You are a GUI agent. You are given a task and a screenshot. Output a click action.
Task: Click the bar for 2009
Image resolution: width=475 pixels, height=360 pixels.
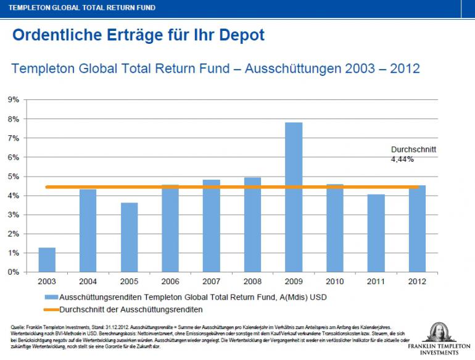pyautogui.click(x=294, y=198)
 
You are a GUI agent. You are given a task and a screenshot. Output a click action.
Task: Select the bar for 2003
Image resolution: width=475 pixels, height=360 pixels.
pyautogui.click(x=47, y=260)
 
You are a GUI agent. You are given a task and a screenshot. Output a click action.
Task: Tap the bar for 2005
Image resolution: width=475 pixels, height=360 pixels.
pyautogui.click(x=129, y=237)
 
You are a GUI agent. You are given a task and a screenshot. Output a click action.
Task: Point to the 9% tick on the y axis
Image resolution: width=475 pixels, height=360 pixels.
pyautogui.click(x=14, y=99)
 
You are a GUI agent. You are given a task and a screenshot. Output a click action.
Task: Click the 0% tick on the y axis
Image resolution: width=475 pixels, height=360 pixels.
pyautogui.click(x=14, y=272)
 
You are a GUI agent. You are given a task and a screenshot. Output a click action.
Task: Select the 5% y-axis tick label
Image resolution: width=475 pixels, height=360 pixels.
pyautogui.click(x=14, y=177)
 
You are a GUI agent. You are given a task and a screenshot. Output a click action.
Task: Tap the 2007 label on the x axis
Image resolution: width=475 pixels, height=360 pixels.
pyautogui.click(x=211, y=282)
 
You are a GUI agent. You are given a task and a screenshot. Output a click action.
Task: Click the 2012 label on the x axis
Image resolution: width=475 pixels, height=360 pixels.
pyautogui.click(x=416, y=282)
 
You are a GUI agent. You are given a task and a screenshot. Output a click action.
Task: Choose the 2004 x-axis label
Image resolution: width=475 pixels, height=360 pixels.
pyautogui.click(x=88, y=282)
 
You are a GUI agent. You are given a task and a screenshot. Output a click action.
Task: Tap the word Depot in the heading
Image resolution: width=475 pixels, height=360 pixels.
pyautogui.click(x=242, y=35)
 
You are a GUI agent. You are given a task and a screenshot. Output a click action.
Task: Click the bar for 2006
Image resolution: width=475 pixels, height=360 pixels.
pyautogui.click(x=170, y=228)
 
